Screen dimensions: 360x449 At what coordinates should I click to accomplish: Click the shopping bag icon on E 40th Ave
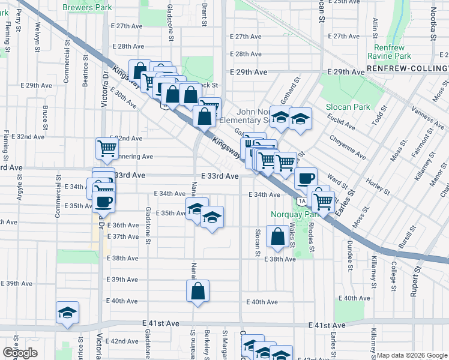(197, 292)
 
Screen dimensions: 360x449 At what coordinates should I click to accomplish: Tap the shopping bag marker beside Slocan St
(278, 237)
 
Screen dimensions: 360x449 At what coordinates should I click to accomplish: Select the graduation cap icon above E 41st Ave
(68, 313)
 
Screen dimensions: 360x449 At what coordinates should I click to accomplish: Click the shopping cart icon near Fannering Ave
(107, 148)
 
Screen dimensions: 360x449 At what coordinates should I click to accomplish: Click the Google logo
(20, 353)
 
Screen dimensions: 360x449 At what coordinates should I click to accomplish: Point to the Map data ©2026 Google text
(412, 355)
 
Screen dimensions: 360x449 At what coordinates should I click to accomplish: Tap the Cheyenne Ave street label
(348, 147)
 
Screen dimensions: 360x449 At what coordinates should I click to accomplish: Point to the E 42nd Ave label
(125, 341)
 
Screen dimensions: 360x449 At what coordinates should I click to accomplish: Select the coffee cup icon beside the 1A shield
(306, 178)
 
